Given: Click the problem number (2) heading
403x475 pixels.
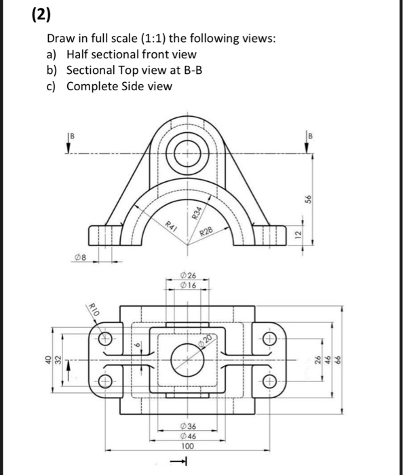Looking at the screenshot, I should click(22, 15).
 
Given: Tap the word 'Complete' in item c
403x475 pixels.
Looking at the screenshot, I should click(93, 86).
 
